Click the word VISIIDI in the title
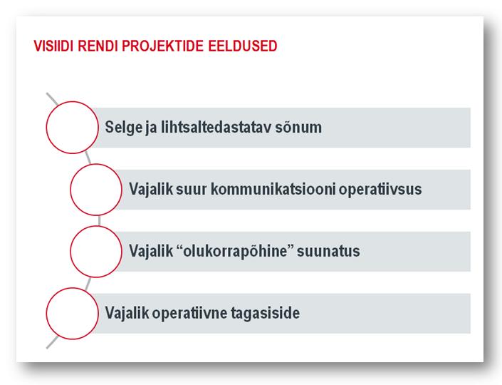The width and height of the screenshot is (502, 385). pyautogui.click(x=54, y=46)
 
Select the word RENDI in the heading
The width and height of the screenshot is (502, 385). pyautogui.click(x=98, y=46)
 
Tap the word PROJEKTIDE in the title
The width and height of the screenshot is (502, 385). pyautogui.click(x=162, y=46)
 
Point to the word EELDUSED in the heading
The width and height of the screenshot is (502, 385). pyautogui.click(x=243, y=46)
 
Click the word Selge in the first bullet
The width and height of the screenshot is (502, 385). pyautogui.click(x=124, y=128)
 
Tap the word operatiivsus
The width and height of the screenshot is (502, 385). pyautogui.click(x=380, y=190)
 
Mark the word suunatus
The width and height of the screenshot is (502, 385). pyautogui.click(x=328, y=252)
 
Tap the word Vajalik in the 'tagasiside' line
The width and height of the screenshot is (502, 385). pyautogui.click(x=127, y=313)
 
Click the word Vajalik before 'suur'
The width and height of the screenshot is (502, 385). pyautogui.click(x=151, y=190)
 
